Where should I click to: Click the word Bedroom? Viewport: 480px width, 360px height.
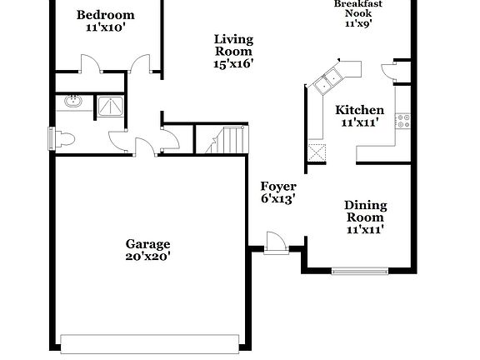pyautogui.click(x=105, y=15)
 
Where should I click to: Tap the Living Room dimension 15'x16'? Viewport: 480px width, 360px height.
pyautogui.click(x=232, y=62)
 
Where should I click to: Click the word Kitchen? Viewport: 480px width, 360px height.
pyautogui.click(x=359, y=110)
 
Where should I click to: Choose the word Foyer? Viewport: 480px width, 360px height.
pyautogui.click(x=277, y=186)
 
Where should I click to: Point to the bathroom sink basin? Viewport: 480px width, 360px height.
pyautogui.click(x=71, y=103)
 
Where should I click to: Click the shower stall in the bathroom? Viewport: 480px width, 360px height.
pyautogui.click(x=108, y=104)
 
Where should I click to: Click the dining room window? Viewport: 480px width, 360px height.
pyautogui.click(x=359, y=270)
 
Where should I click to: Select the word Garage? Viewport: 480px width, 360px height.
pyautogui.click(x=147, y=244)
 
